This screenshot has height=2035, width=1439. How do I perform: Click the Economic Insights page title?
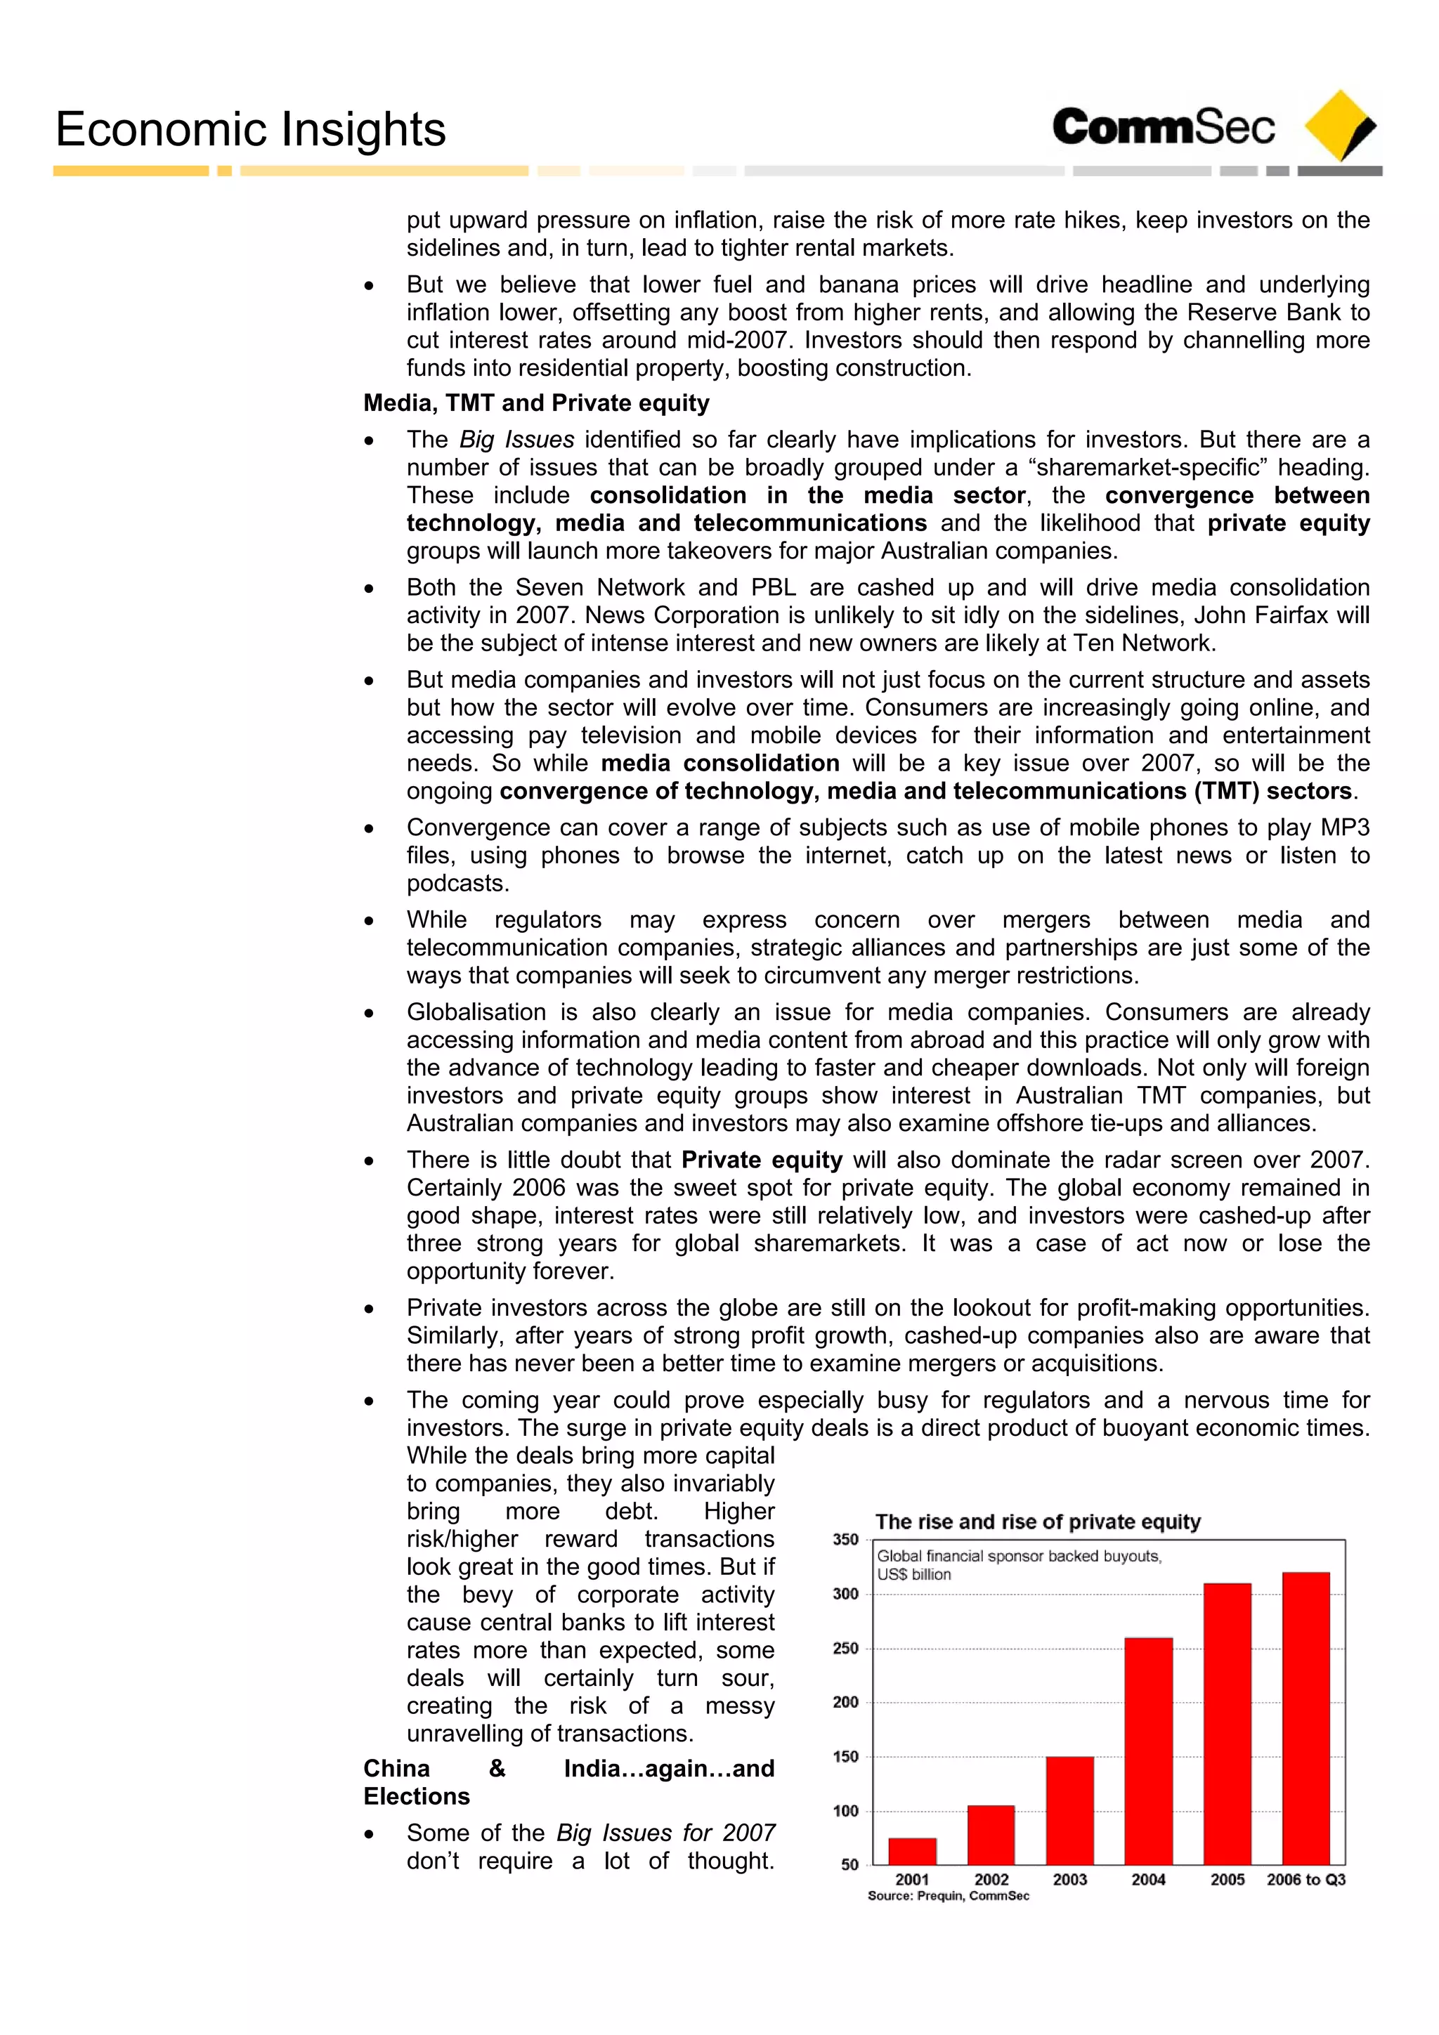pos(250,129)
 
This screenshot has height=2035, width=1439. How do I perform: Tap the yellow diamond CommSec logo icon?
pos(1339,125)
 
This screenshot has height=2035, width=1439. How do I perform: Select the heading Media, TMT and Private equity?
pos(536,403)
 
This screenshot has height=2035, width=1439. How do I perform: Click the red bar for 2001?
pos(912,1851)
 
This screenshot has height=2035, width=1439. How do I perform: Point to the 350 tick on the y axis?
pos(845,1540)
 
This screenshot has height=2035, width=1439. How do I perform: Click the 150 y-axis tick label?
pos(845,1757)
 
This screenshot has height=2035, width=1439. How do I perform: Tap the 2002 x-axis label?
pos(991,1880)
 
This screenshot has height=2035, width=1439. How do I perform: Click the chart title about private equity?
pos(1037,1522)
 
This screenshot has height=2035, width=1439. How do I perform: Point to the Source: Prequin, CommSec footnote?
pos(948,1896)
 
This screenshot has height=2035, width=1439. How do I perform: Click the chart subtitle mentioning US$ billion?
pos(1018,1564)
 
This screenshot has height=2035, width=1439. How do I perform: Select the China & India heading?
pos(568,1782)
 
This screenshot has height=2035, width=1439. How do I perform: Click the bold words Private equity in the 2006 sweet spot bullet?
pos(762,1160)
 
